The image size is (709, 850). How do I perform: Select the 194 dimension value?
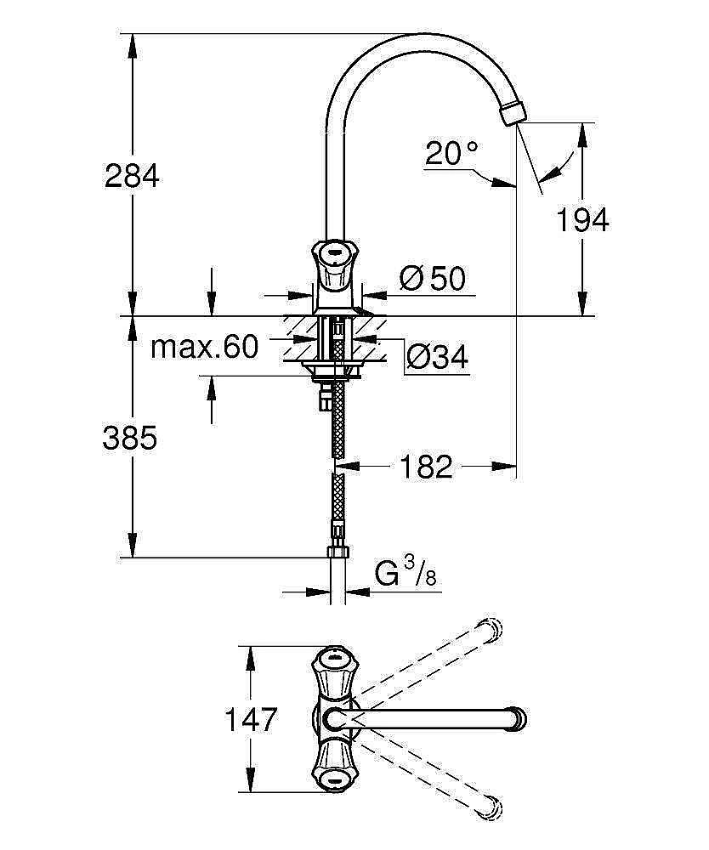click(582, 220)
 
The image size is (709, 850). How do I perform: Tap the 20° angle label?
click(452, 153)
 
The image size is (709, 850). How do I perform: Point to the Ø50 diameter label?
click(433, 278)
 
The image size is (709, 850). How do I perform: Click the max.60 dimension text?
click(204, 347)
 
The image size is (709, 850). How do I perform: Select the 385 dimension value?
click(130, 438)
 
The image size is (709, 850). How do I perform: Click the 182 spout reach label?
click(426, 466)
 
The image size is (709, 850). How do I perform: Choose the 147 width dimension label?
click(252, 720)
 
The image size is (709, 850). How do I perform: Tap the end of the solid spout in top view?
click(518, 718)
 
